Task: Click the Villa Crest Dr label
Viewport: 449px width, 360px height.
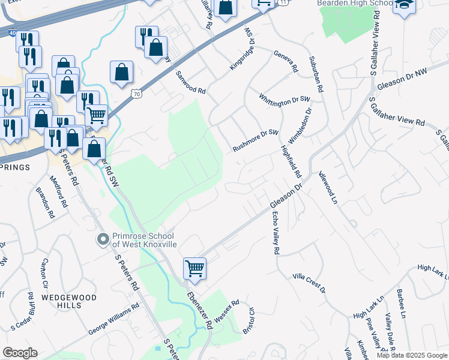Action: (309, 282)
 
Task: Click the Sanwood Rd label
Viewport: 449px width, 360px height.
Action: (191, 83)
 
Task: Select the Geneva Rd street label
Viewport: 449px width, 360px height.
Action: (286, 61)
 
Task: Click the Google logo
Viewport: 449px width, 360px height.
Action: (20, 353)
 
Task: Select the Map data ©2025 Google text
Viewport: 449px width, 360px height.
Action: (412, 355)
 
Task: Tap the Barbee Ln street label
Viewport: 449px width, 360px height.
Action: (401, 303)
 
